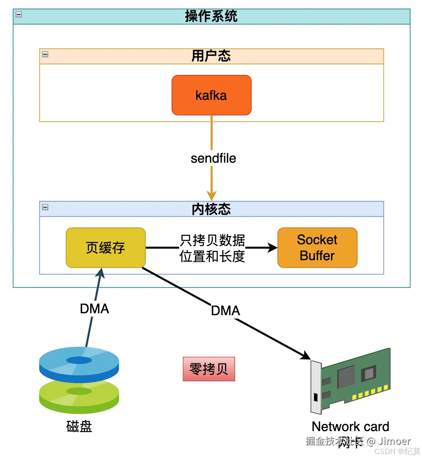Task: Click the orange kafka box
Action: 211,95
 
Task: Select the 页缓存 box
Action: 105,248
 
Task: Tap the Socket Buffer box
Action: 317,248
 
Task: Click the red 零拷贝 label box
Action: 209,369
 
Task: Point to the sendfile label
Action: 213,158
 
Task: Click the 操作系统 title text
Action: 211,16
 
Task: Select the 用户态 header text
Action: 211,56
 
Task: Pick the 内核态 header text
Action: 211,209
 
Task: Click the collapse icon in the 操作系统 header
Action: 19,15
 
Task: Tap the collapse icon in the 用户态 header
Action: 45,54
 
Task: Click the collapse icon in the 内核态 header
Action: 45,207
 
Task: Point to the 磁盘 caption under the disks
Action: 79,426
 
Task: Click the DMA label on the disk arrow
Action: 94,309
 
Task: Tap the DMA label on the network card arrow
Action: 225,311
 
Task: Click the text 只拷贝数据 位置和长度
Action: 212,248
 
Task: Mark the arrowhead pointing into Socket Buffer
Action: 273,248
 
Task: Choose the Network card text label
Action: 350,426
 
